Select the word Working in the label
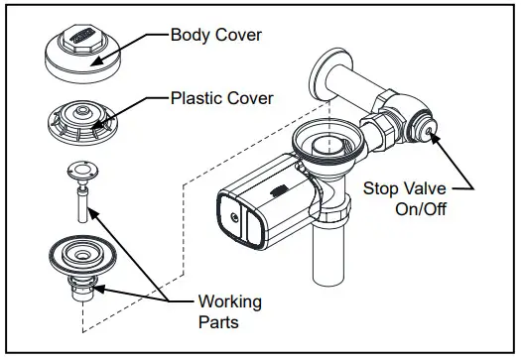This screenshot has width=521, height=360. [230, 301]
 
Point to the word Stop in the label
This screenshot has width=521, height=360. [382, 186]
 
